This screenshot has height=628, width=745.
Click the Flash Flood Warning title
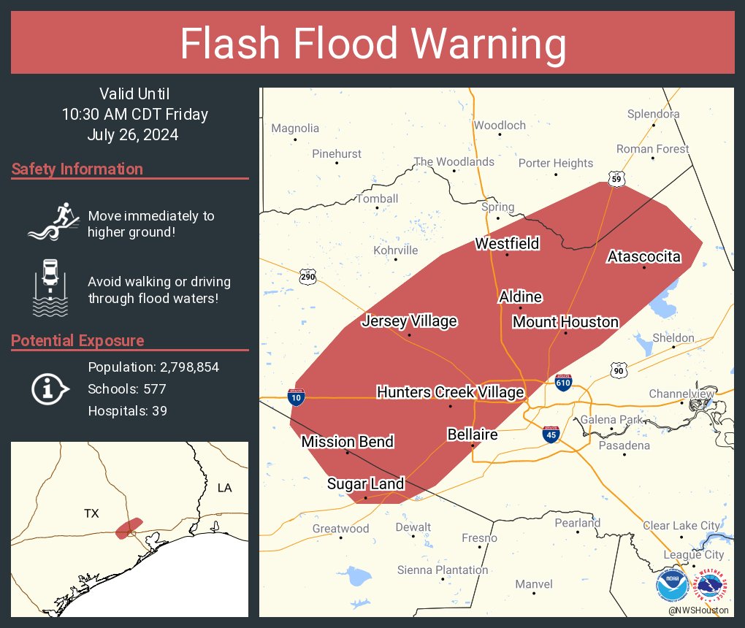pos(372,44)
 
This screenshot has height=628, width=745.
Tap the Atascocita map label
pos(643,256)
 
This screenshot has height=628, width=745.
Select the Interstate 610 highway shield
pos(562,382)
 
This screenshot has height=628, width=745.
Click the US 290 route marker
pos(307,277)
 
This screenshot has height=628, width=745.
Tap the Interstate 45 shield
pos(551,434)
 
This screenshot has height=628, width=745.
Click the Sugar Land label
pos(365,483)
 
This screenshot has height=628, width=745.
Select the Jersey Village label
pos(409,321)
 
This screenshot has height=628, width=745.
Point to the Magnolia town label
pos(295,129)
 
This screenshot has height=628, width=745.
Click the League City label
pos(693,555)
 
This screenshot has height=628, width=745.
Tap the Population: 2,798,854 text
pos(153,367)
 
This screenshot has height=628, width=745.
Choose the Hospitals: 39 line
pos(127,411)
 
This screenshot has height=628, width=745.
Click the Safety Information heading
pos(77,169)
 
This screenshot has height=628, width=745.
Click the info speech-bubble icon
pos(50,389)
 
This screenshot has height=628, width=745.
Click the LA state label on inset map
pos(225,487)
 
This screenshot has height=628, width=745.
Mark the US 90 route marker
pos(619,372)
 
